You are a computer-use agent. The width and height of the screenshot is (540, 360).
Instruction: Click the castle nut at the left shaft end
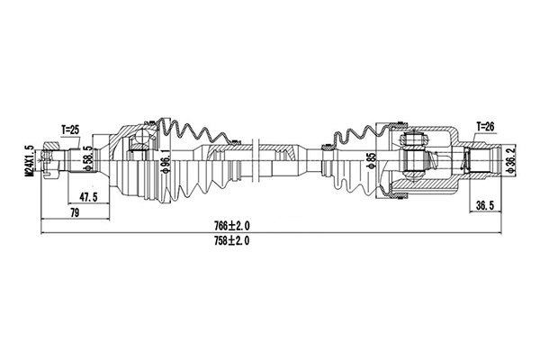coord(55,164)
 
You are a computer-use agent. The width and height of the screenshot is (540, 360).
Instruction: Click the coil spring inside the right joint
coord(464,164)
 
